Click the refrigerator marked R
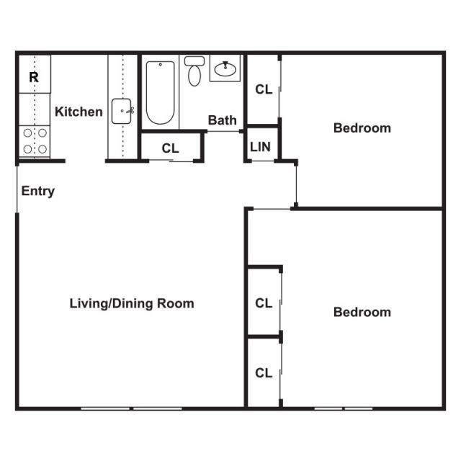point(33,76)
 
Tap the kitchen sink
point(122,112)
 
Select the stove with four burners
point(34,141)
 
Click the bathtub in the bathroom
point(159,94)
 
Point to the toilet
point(193,71)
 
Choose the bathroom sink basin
point(225,69)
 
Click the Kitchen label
point(79,112)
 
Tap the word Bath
point(223,120)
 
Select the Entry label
point(38,192)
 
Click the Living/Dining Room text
point(131,303)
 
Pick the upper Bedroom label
point(362,128)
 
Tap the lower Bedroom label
point(362,312)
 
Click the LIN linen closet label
point(260,147)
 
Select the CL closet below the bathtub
point(170,148)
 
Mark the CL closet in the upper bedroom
point(264,89)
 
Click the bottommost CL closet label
point(264,373)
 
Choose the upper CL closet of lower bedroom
point(264,303)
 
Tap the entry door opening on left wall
point(17,189)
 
